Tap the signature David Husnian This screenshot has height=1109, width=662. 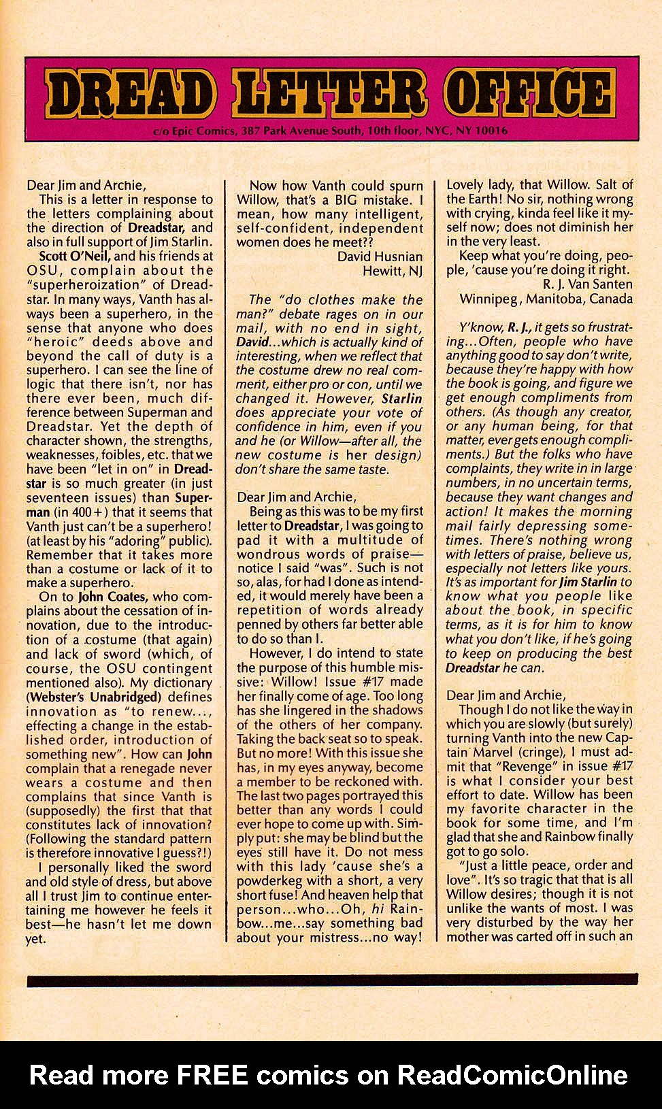tap(380, 256)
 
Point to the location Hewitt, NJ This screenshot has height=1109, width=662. tap(392, 271)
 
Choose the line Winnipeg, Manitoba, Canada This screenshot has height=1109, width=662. tap(546, 299)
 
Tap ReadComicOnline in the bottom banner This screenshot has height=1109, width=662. tap(512, 1074)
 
